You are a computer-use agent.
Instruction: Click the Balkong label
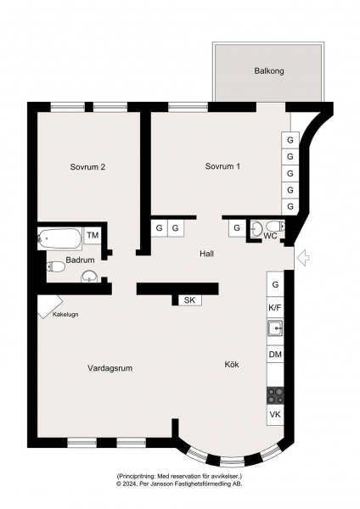tap(269, 70)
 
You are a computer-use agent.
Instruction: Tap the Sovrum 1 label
tap(223, 166)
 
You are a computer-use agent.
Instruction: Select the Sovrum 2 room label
tap(87, 167)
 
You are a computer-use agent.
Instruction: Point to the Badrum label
tap(81, 260)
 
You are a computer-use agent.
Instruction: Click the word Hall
tap(206, 254)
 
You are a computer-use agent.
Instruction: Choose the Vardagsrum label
tap(110, 368)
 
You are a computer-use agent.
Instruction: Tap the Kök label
tap(232, 364)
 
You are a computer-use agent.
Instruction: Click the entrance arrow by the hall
tap(303, 258)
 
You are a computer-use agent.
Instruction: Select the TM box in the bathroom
tap(93, 235)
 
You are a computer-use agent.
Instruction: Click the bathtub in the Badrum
tap(59, 238)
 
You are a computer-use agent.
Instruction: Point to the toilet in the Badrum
tap(56, 267)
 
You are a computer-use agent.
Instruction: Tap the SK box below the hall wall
tap(189, 300)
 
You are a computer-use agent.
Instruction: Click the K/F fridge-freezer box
tap(275, 307)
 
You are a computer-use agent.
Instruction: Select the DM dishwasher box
tap(275, 355)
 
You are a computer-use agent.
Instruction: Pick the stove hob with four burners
tap(275, 395)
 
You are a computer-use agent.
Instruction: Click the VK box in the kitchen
tap(275, 415)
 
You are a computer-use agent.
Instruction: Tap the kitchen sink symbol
tap(275, 328)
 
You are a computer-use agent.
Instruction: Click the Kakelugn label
tap(65, 315)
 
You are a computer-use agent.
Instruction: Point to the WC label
tap(270, 236)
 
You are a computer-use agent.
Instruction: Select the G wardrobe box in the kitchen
tap(275, 285)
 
